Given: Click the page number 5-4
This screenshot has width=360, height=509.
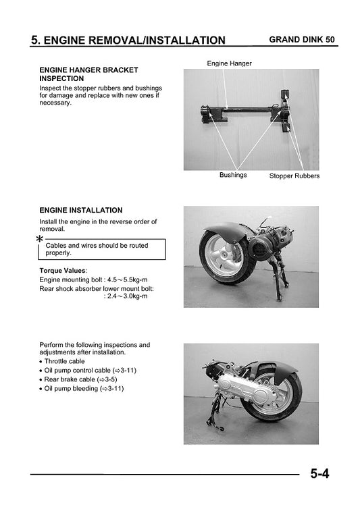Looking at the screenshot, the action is pos(320,473).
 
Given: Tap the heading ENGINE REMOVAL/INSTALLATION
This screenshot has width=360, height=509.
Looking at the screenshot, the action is pos(128,41).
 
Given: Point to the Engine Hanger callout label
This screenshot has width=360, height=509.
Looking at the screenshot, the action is pos(229,63).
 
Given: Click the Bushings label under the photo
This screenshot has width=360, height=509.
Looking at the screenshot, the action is pos(233,175).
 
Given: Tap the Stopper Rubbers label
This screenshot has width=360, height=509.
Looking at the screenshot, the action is pos(294,176).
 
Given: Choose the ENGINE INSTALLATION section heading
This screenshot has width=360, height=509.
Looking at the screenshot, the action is pos(81,210).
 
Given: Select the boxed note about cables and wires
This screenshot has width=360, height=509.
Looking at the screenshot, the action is pos(102,249).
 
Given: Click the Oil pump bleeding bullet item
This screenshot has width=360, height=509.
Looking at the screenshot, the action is pos(84,388).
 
